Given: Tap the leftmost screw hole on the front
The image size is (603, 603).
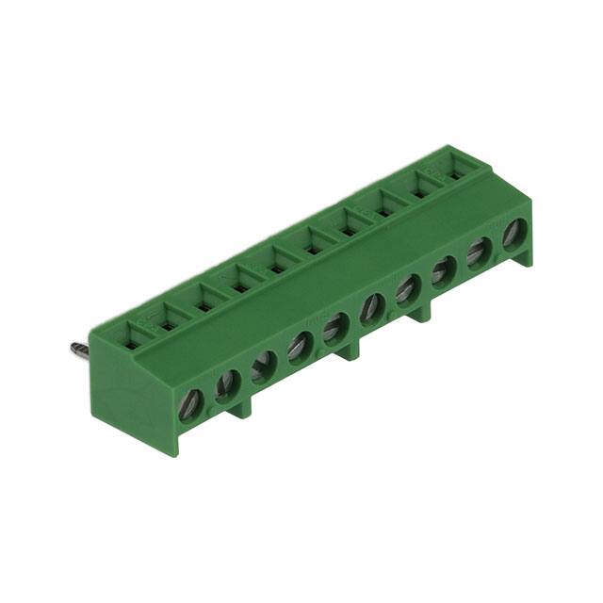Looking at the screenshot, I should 191,404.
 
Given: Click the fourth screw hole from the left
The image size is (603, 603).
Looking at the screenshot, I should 301,346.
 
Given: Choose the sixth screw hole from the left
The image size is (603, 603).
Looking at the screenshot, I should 372,307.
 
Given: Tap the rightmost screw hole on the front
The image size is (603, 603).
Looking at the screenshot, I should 514,234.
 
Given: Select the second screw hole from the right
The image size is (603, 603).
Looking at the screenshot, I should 479,252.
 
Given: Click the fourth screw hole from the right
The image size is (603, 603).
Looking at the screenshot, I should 408,288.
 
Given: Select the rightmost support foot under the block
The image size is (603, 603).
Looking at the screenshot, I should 421,312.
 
